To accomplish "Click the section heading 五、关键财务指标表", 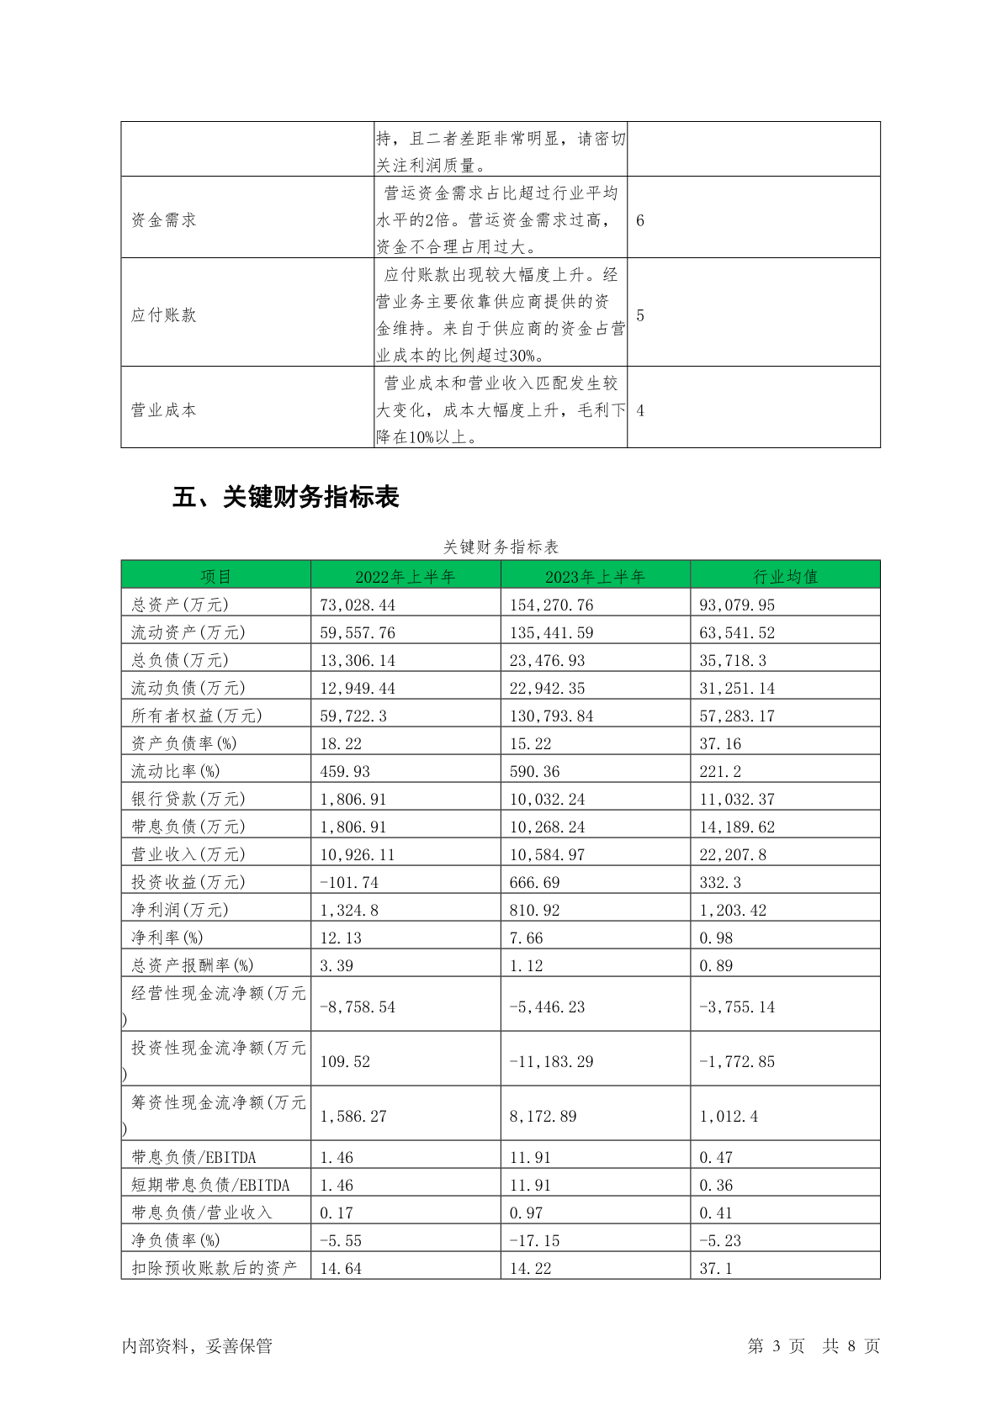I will click(x=285, y=497).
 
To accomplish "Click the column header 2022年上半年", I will click(x=405, y=576).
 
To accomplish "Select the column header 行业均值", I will click(x=785, y=576).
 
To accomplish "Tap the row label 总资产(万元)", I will click(x=180, y=605).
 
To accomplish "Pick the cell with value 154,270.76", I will click(x=551, y=605).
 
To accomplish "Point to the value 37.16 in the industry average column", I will click(x=720, y=743).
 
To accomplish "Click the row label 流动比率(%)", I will click(x=175, y=771).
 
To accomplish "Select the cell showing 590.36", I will click(x=534, y=771).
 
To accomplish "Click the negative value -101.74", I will click(x=349, y=882).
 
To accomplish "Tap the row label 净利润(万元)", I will click(x=180, y=910).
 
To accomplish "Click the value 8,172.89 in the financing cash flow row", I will click(x=543, y=1116).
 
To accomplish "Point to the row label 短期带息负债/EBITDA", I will click(x=210, y=1185).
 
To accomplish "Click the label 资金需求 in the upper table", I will click(x=163, y=220).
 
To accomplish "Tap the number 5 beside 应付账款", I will click(x=640, y=315).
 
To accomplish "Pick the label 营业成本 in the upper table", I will click(x=163, y=410).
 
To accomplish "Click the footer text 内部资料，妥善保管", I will click(x=197, y=1345).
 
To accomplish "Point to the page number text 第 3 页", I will click(x=776, y=1345).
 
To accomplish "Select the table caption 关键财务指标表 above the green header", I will click(x=501, y=547).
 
